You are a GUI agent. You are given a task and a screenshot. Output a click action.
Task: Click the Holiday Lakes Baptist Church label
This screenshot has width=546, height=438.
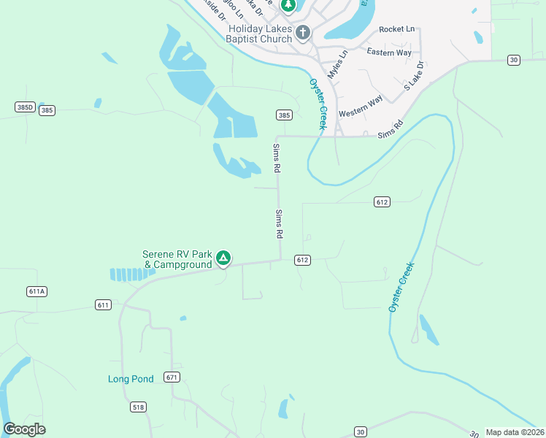(260, 34)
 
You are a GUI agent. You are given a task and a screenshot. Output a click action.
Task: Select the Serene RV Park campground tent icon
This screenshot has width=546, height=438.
(223, 258)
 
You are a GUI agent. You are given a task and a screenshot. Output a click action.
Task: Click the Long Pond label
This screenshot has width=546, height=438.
(131, 379)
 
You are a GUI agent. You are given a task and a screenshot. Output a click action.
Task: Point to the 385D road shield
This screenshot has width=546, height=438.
(25, 107)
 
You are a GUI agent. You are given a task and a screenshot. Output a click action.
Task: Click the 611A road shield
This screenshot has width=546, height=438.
(36, 291)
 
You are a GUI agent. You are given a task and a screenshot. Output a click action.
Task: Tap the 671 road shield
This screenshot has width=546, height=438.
(172, 377)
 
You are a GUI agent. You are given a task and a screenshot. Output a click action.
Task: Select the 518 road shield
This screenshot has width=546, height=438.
(138, 406)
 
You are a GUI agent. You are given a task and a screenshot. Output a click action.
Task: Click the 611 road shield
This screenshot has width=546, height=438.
(103, 304)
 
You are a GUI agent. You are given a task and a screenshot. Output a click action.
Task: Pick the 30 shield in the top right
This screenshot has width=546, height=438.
(514, 59)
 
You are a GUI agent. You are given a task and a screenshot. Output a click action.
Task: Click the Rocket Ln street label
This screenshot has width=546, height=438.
(396, 29)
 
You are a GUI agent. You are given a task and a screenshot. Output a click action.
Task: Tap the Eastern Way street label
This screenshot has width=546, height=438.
(388, 53)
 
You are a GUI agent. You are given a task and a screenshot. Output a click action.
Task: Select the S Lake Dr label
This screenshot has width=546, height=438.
(414, 76)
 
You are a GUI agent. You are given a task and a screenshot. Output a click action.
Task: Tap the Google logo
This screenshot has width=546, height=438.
(24, 429)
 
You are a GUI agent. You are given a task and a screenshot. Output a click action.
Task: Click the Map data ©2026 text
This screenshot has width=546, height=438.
(515, 432)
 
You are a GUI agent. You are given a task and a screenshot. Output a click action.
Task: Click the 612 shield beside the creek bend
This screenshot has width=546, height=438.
(382, 201)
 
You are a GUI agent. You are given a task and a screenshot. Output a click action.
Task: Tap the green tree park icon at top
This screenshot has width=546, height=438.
(289, 5)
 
